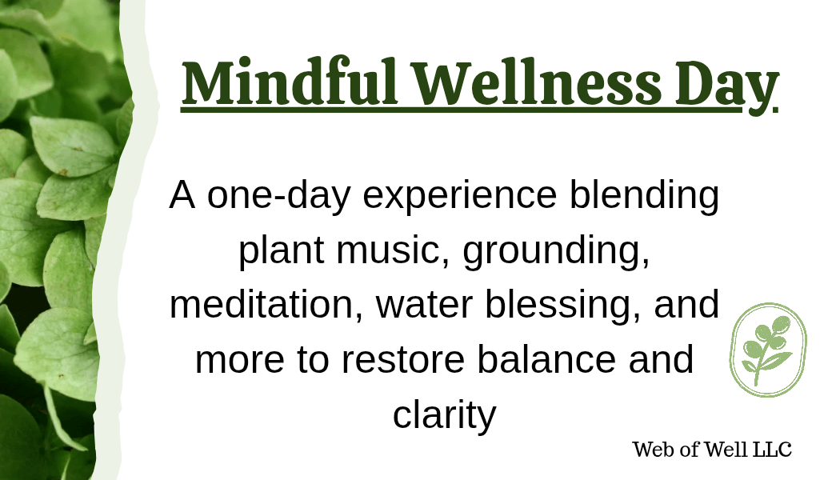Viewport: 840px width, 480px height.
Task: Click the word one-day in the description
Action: pos(278,194)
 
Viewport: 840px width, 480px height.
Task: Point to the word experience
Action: pos(460,196)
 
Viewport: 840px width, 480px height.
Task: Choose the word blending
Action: pos(644,196)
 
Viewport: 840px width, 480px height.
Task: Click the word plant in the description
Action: pos(282,250)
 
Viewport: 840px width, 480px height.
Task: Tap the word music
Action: pos(393,250)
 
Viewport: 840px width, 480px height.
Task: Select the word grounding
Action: pos(555,250)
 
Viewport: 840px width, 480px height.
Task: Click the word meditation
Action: pos(266,304)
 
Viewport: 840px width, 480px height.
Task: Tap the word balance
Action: pos(546,359)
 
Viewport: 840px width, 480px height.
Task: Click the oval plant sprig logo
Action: pos(768,350)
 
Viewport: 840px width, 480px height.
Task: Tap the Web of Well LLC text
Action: pos(712,450)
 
